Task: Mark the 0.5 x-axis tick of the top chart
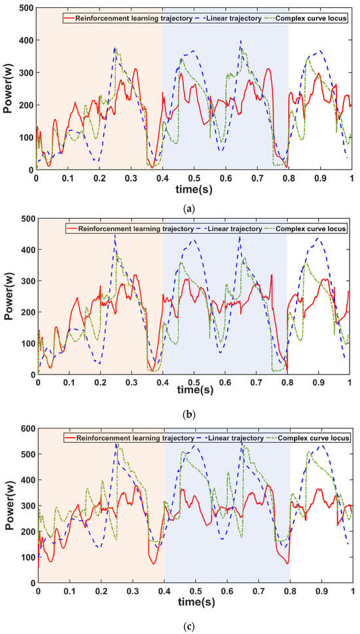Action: click(194, 177)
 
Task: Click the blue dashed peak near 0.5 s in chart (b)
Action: click(194, 240)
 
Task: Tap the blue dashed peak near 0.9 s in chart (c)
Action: click(321, 445)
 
